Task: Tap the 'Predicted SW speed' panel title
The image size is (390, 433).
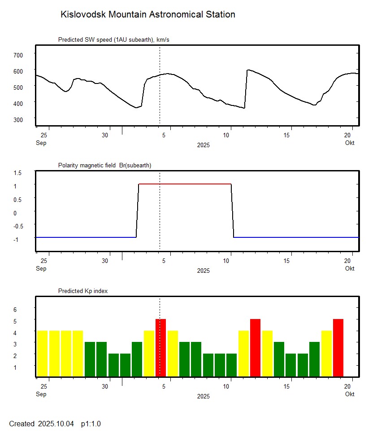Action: coord(113,40)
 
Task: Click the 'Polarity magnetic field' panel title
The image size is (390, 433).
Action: coord(104,166)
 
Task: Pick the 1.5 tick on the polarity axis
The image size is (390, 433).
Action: coord(17,172)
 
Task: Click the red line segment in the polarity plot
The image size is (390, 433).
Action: coord(185,184)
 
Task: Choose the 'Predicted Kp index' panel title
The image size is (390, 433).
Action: coord(83,291)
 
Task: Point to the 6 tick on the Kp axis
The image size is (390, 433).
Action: coord(14,310)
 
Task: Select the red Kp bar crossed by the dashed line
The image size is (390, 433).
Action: coord(160,348)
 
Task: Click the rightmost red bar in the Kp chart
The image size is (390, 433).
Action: coord(338,348)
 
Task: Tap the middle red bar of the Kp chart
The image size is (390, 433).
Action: coord(255,348)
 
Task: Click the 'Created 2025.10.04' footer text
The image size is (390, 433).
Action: coord(41,424)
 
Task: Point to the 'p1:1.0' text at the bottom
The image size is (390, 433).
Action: coord(91,424)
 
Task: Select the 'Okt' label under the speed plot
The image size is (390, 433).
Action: coord(350,143)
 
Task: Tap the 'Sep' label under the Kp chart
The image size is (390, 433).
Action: coord(41,394)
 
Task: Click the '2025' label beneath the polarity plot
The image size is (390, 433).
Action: coord(203,271)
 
